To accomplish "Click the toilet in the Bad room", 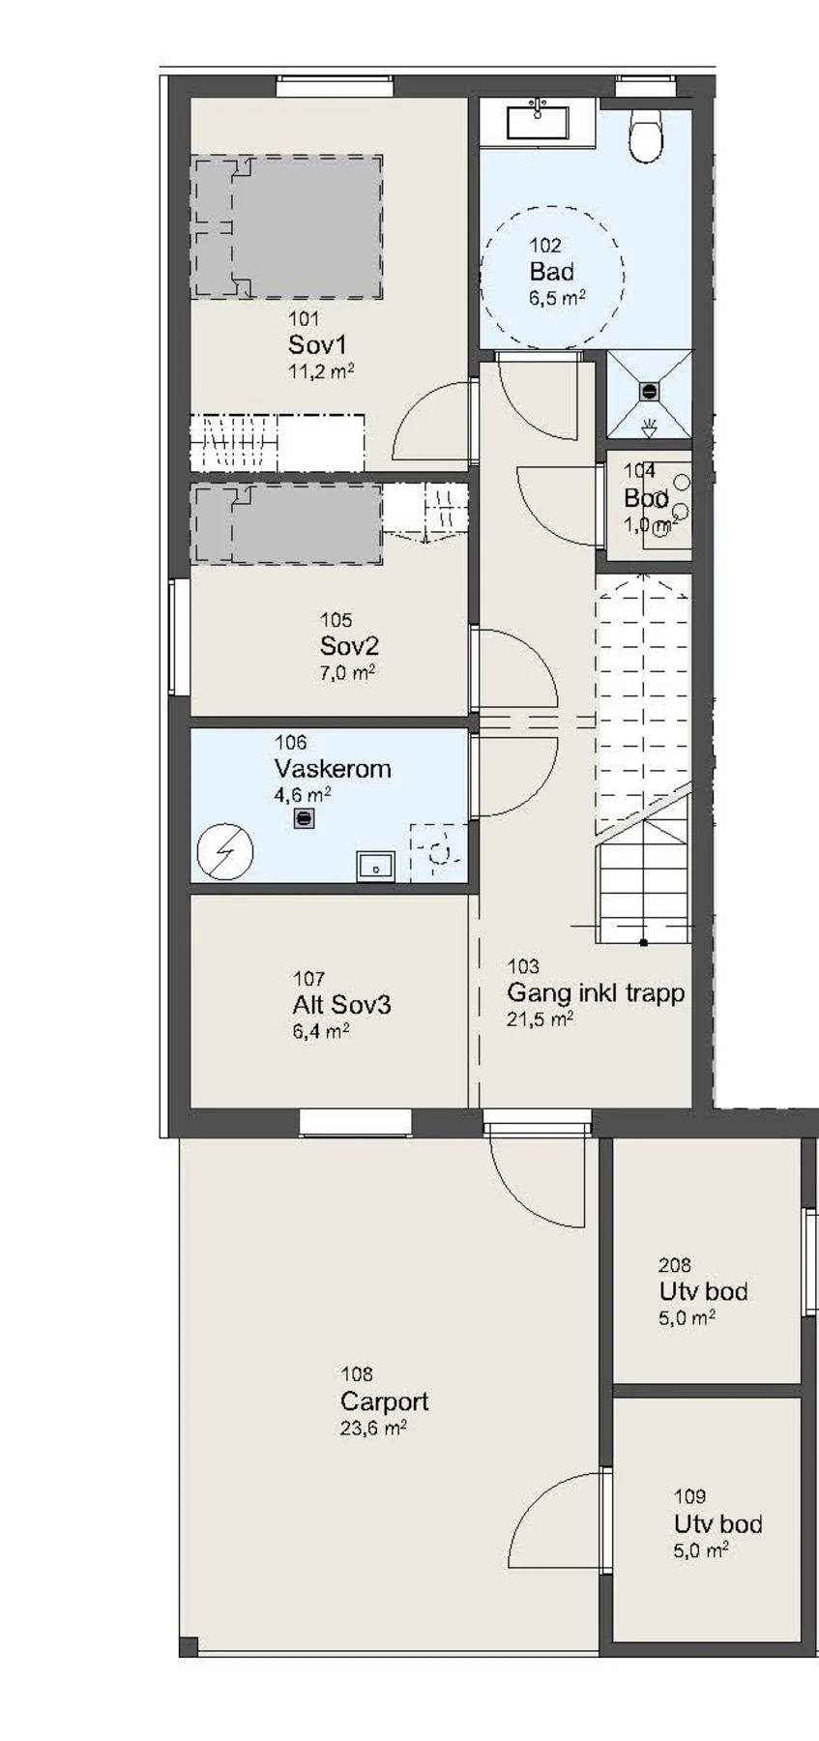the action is click(647, 133).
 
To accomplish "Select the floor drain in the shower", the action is click(649, 392).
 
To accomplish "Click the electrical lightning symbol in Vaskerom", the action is click(225, 851).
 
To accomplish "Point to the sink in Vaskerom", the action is click(376, 865).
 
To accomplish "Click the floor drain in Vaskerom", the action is click(304, 818).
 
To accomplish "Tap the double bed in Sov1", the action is click(286, 225).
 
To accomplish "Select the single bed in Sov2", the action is click(287, 524).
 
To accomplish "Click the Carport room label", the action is click(384, 1402).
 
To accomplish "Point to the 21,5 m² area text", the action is click(541, 1018).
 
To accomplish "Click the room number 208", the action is click(675, 1264).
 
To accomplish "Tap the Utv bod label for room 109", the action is click(718, 1524).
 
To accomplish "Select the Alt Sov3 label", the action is click(342, 1005).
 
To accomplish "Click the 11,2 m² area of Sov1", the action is click(321, 370).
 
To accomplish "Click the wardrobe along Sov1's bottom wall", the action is click(278, 442).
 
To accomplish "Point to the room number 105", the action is click(336, 620).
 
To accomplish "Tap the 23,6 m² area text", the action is click(373, 1428).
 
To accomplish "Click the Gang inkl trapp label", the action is click(596, 992).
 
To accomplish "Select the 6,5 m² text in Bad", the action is click(557, 298).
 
